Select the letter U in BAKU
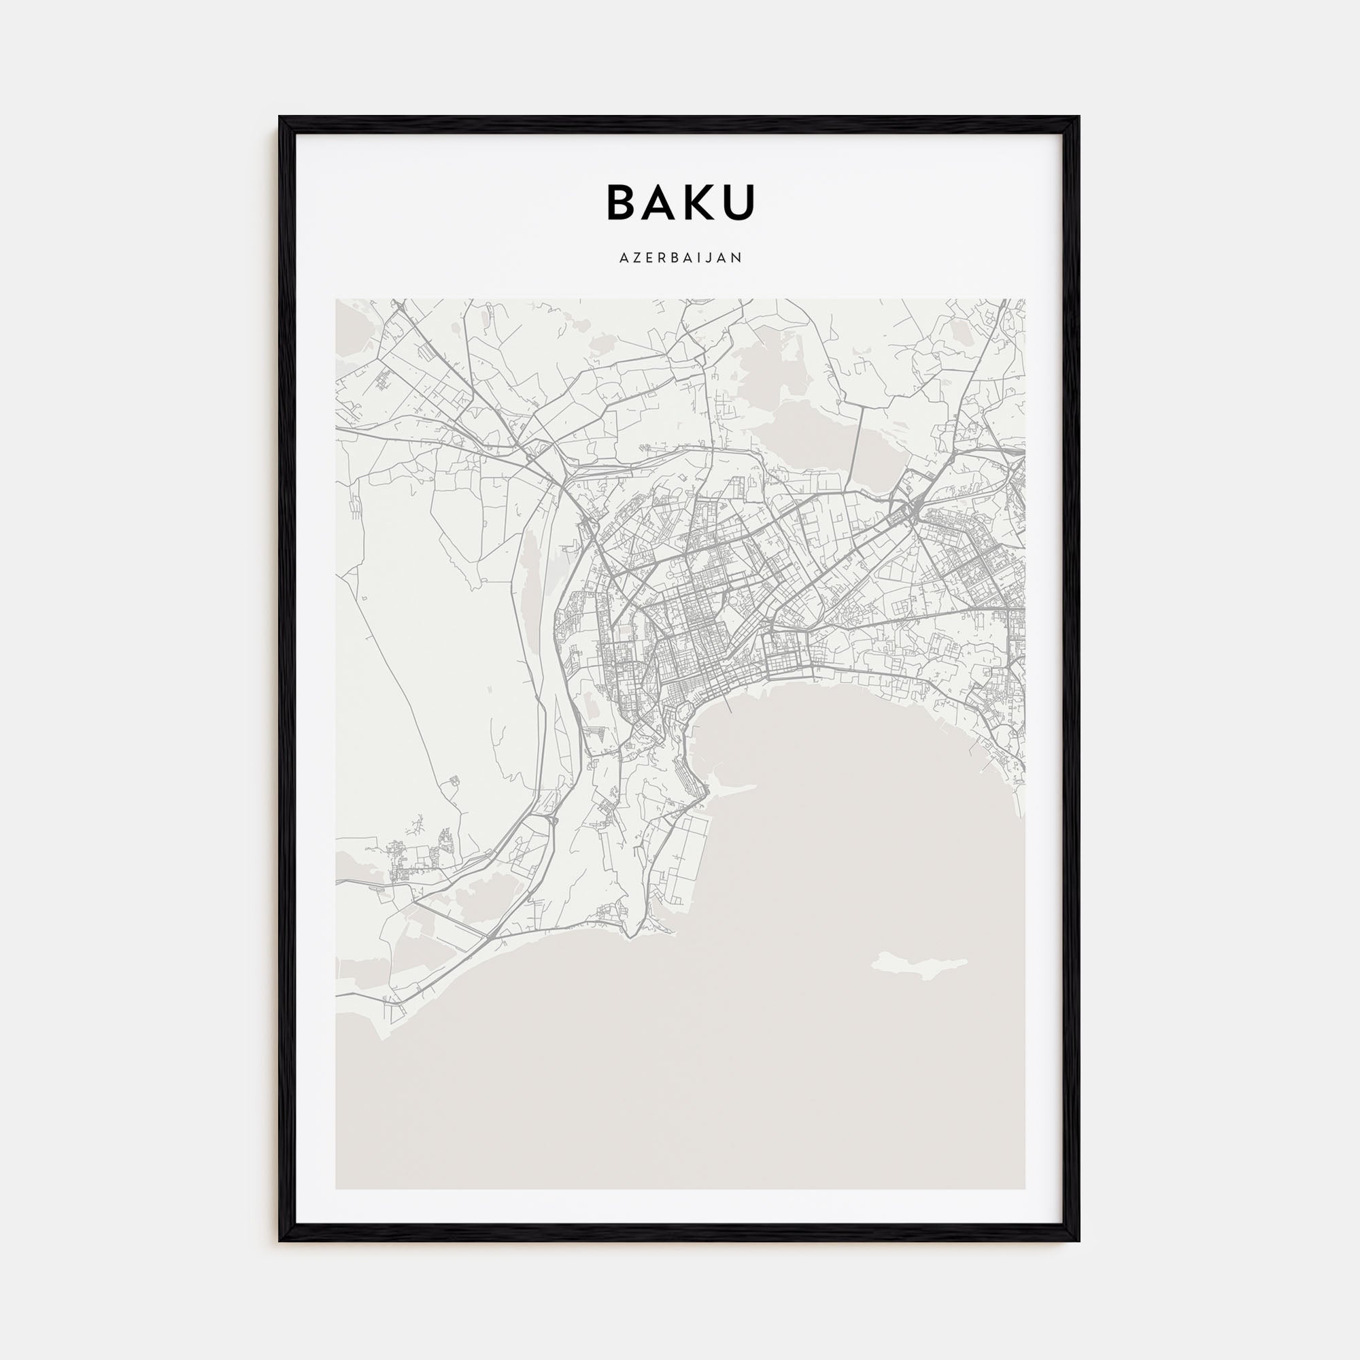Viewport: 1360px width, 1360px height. pos(738,202)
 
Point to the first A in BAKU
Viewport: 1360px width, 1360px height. pos(661,202)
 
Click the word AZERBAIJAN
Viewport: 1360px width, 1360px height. pos(680,258)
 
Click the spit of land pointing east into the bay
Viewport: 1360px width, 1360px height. pos(732,787)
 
